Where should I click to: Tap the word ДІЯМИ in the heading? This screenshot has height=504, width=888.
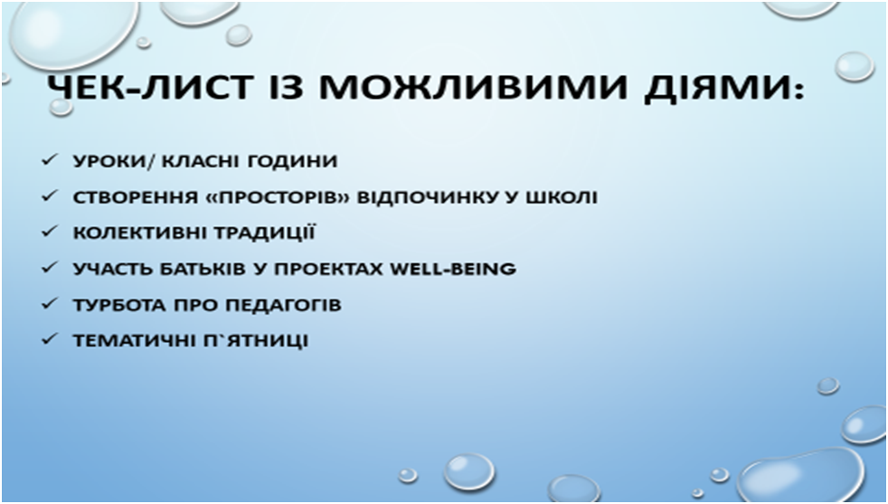pos(714,89)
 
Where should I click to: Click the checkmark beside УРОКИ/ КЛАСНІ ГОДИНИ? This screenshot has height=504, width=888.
pos(49,160)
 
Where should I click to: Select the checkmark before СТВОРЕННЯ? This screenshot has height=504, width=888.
pos(49,196)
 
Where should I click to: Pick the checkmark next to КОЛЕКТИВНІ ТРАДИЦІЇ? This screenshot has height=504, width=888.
pos(49,232)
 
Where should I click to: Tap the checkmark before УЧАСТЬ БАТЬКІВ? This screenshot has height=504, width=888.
pos(49,268)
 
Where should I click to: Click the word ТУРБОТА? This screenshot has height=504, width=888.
pos(119,305)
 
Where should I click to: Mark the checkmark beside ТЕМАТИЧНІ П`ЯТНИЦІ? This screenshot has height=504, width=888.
pos(49,339)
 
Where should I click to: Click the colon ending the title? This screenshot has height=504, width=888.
pos(797,90)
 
